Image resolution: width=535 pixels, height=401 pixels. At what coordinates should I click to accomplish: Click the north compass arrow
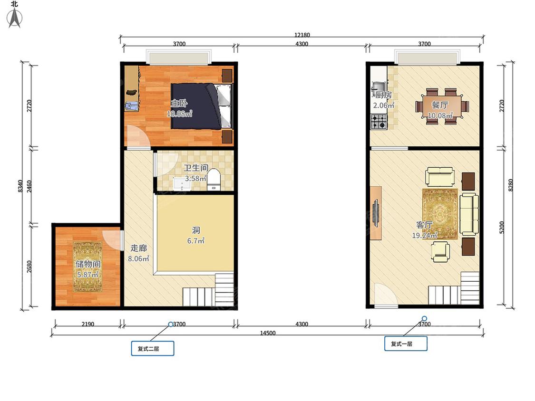click(15, 18)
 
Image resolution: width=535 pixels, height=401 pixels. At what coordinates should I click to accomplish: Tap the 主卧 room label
click(179, 103)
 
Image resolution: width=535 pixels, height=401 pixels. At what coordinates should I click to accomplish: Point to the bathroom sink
click(182, 183)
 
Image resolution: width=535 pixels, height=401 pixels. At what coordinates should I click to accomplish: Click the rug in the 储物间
click(88, 267)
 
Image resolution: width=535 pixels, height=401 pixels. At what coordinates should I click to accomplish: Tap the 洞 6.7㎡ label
click(196, 236)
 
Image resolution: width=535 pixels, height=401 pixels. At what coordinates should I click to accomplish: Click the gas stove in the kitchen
click(379, 122)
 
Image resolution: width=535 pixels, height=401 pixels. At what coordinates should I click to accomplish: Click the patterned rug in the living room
click(440, 214)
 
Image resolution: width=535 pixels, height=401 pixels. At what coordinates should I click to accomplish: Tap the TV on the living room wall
click(375, 213)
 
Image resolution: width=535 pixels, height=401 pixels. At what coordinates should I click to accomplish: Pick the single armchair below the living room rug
click(440, 251)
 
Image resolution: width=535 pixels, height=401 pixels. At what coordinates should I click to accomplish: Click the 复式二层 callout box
click(153, 348)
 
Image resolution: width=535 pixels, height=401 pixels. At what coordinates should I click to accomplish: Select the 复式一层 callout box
click(406, 344)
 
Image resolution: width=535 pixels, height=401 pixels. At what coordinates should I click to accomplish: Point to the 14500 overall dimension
click(267, 333)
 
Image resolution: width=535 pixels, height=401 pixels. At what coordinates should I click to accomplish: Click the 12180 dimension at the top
click(302, 35)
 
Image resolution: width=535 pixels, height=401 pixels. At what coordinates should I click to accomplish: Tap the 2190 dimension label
click(88, 324)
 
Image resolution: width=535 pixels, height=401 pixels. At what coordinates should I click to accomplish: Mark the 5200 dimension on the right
click(502, 227)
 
